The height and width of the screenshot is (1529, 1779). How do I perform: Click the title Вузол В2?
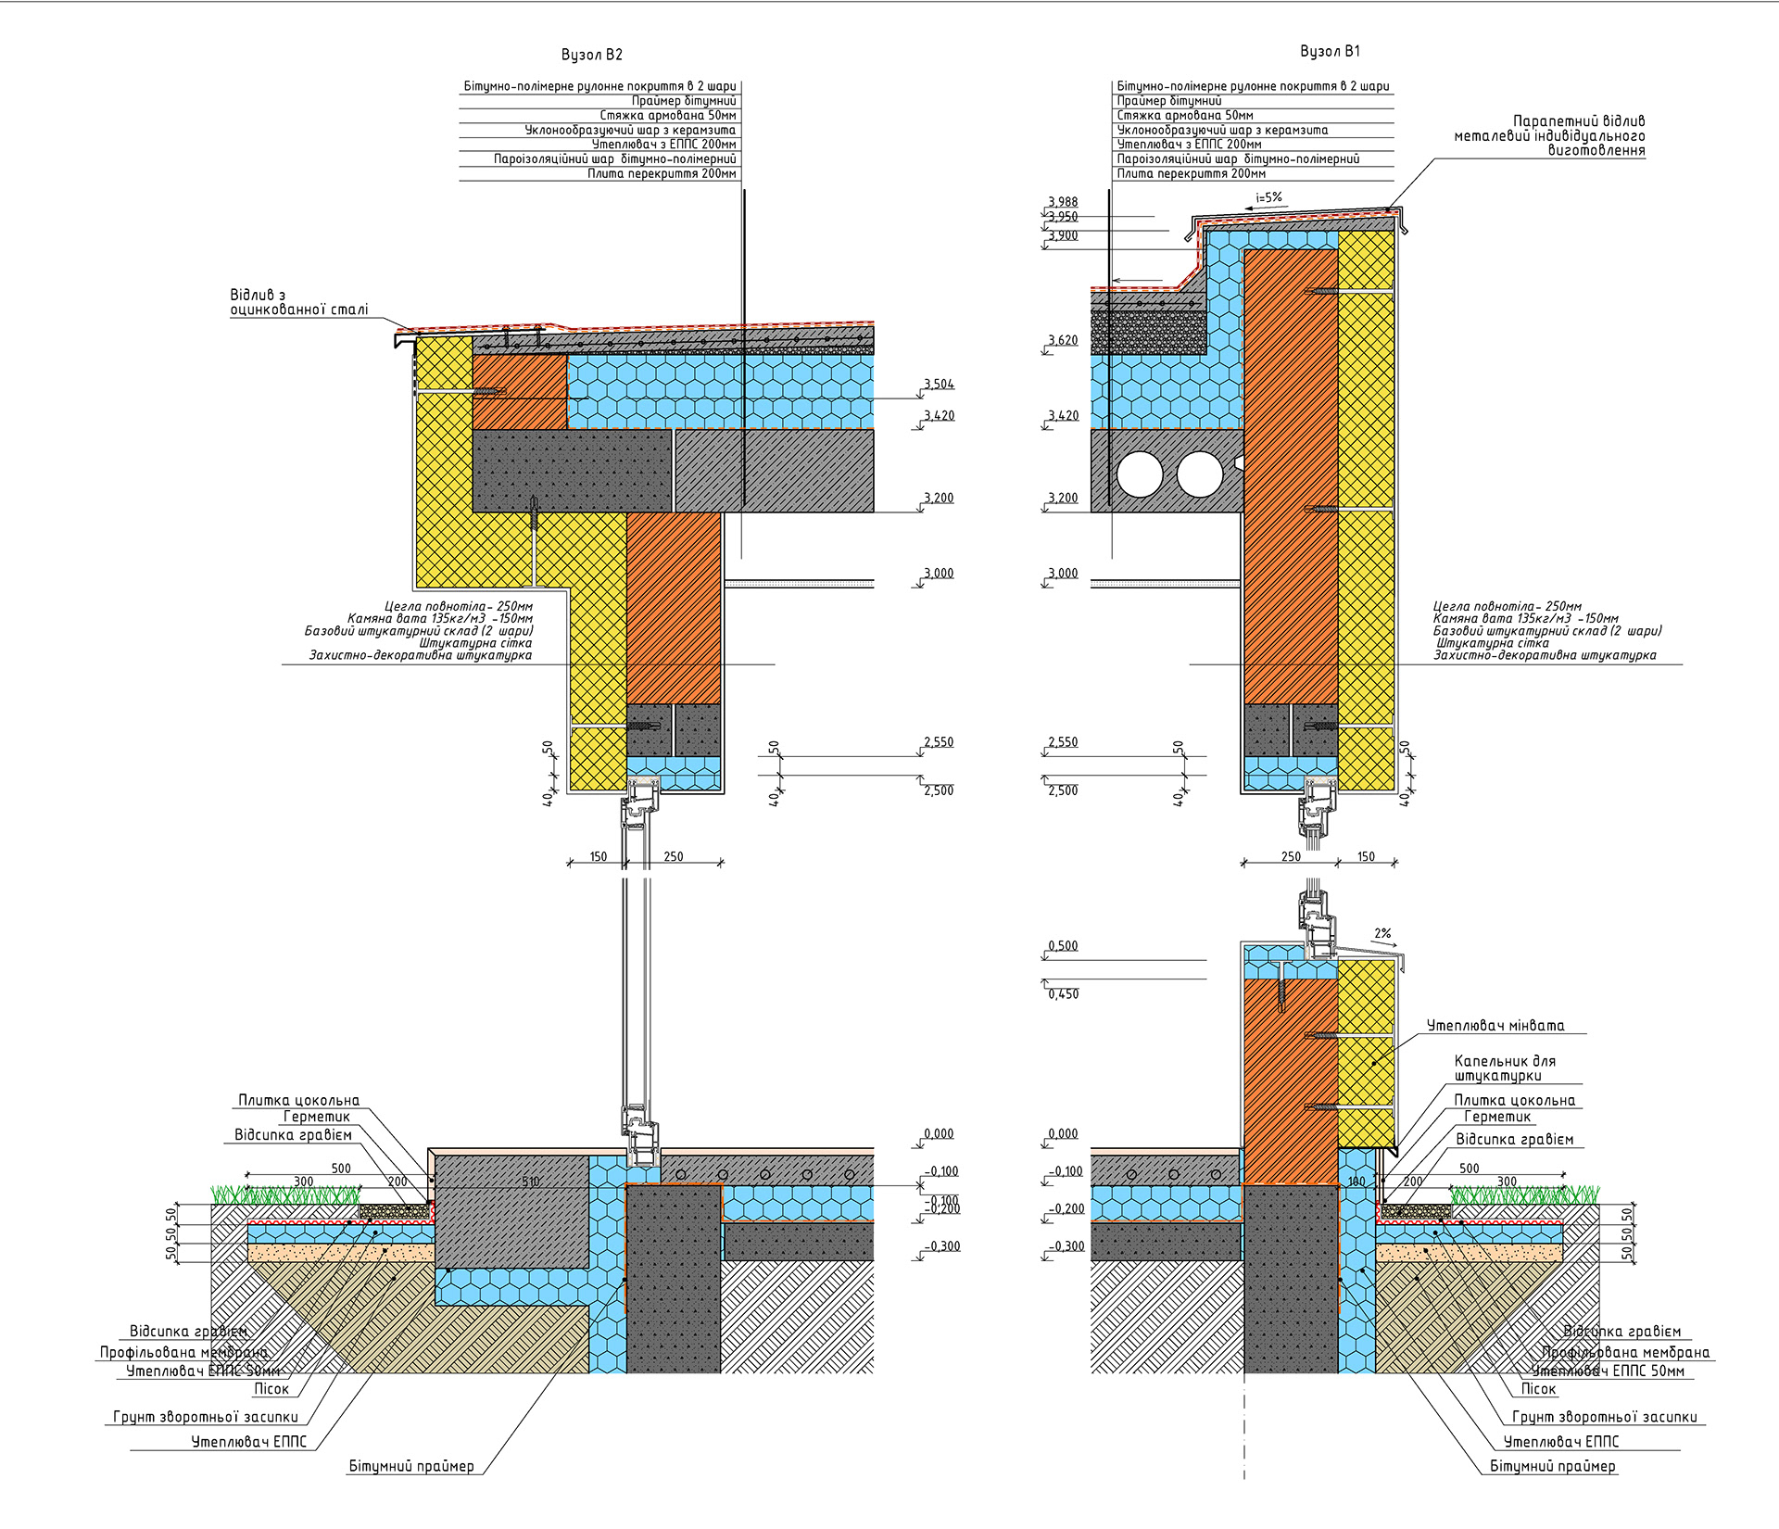(x=591, y=55)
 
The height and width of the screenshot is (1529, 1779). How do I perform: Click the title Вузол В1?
(x=1330, y=51)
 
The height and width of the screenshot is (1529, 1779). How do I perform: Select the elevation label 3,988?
(x=1063, y=202)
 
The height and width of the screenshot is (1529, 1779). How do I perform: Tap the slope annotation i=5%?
(x=1268, y=197)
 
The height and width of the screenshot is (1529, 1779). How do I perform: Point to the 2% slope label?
(x=1382, y=933)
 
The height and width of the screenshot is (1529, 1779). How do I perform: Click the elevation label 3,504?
(x=939, y=384)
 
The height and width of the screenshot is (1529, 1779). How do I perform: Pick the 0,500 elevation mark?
(x=1063, y=946)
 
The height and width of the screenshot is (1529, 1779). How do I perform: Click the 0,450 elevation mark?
(x=1063, y=994)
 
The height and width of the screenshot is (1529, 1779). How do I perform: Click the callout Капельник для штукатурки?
(x=1504, y=1068)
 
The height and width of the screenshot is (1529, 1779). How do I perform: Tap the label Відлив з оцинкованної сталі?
(x=298, y=302)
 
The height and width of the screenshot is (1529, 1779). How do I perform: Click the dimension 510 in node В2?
(x=531, y=1181)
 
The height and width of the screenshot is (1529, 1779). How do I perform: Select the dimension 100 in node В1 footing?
(x=1356, y=1181)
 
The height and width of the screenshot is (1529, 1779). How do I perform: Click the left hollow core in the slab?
(x=1140, y=474)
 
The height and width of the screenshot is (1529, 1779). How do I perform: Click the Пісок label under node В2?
(x=271, y=1389)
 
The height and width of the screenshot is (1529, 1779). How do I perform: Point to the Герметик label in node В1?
(x=1497, y=1118)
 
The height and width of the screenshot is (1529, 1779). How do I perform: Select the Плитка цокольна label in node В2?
(x=298, y=1100)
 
